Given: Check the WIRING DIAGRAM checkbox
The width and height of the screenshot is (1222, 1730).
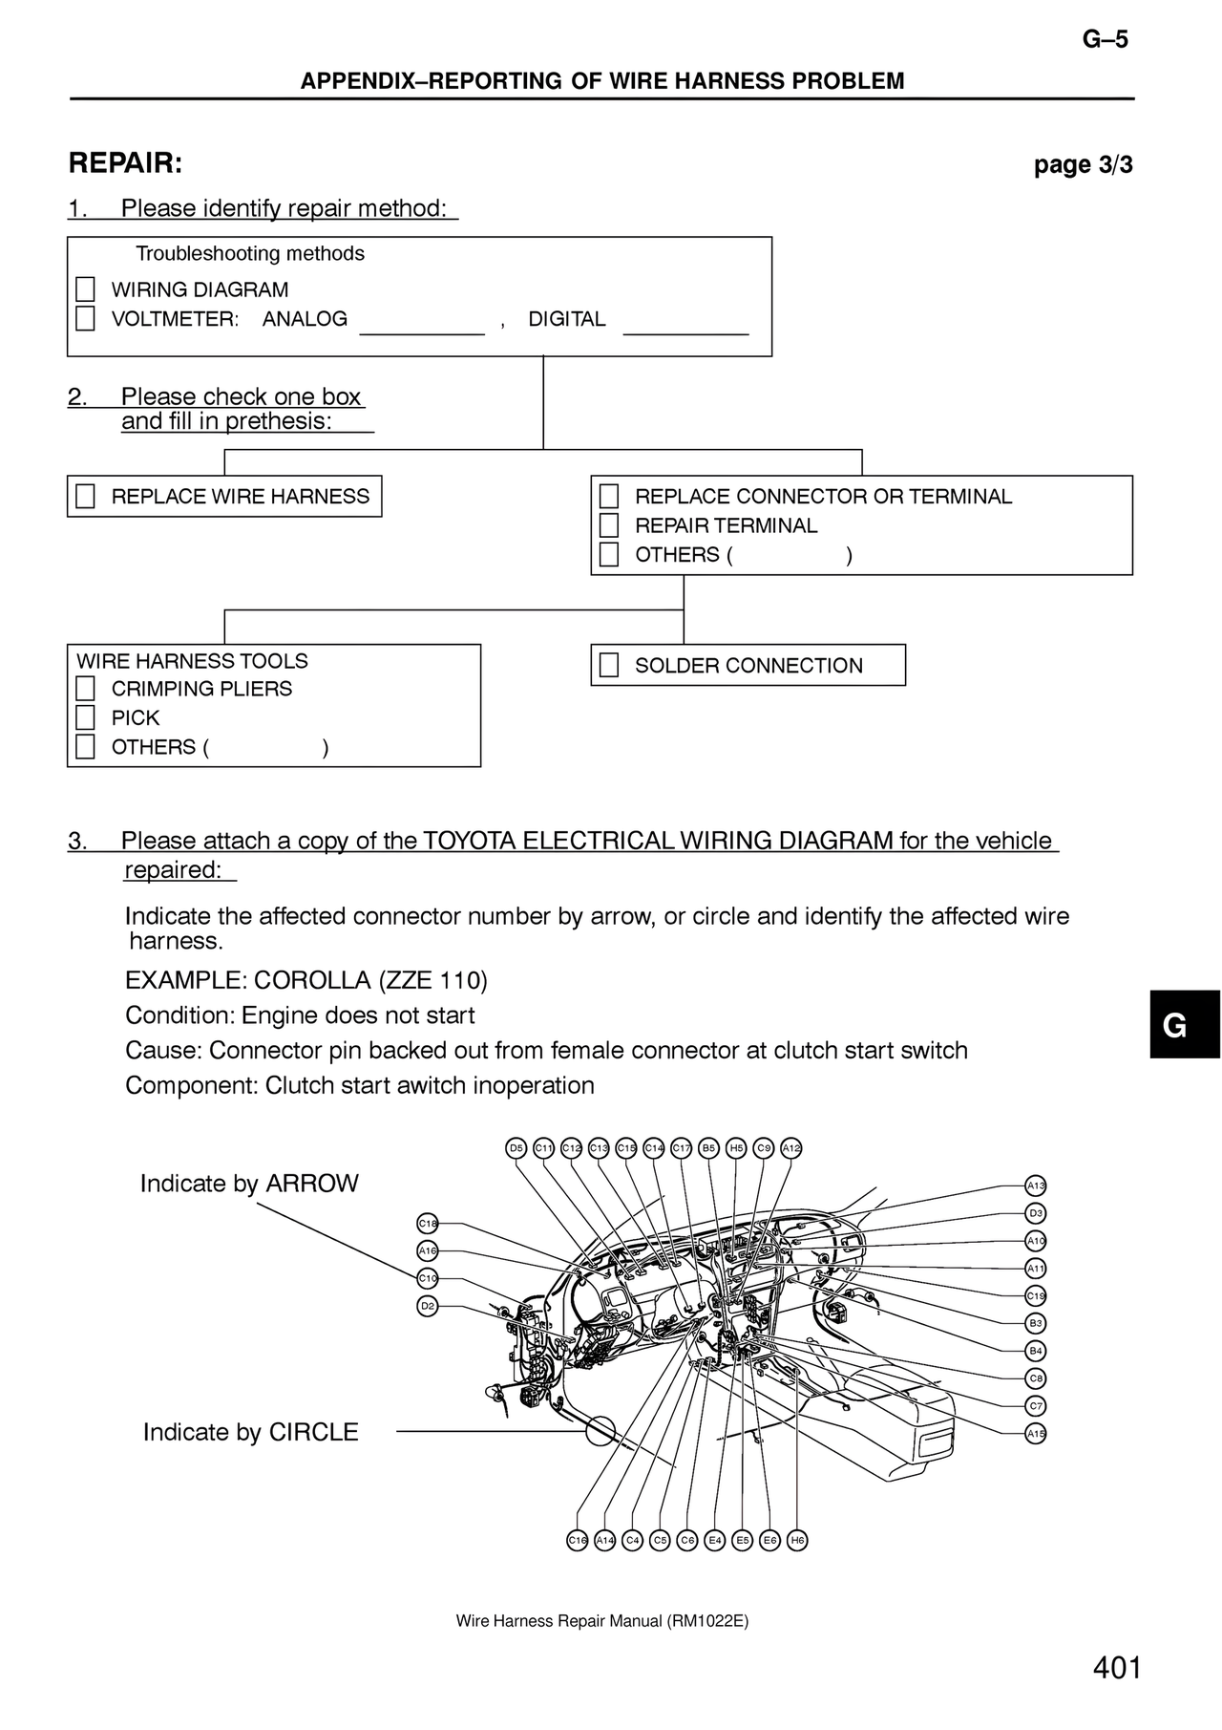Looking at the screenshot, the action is [86, 289].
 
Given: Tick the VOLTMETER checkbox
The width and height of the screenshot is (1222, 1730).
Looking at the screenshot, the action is [86, 318].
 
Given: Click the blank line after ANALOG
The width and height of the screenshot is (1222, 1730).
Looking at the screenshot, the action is [422, 334].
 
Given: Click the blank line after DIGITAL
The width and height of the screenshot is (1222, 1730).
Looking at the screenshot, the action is [685, 334].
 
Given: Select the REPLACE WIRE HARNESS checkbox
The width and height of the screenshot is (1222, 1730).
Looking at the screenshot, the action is [86, 497].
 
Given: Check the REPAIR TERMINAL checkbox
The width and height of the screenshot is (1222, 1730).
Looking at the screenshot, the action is [609, 525].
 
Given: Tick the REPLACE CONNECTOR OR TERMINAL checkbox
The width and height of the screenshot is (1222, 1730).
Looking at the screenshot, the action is [609, 497].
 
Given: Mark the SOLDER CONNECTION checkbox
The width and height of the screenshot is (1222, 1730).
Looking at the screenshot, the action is [609, 666].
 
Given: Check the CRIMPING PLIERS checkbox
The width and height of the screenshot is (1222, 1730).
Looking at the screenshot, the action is [86, 689].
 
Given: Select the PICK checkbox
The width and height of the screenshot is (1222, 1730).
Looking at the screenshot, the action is [86, 717].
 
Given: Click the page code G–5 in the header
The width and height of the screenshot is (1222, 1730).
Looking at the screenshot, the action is [1106, 39].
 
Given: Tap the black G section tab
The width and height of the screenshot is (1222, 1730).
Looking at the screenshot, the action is [1185, 1025].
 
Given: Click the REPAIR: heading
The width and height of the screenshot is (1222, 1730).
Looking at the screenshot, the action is [125, 163].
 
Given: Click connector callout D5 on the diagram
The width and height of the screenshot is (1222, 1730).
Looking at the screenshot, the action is [516, 1147].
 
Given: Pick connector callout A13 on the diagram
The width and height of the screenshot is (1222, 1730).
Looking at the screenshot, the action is [1036, 1185].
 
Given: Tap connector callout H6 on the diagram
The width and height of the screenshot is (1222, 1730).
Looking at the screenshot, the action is [797, 1540].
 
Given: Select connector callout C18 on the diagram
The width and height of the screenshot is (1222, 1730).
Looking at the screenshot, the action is [428, 1223].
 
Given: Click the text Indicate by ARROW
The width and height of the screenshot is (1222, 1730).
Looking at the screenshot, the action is [249, 1184].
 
